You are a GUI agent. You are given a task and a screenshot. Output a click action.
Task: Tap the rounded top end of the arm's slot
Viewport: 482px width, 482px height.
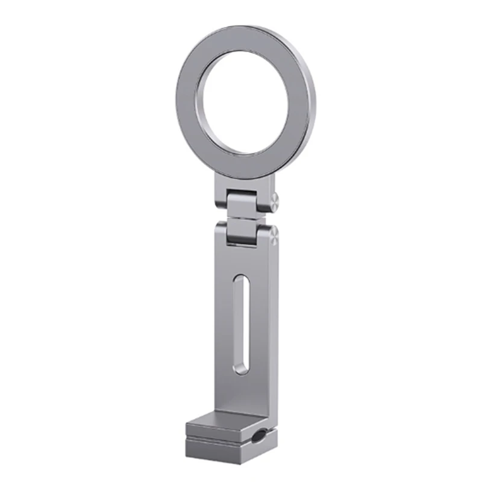[241, 278]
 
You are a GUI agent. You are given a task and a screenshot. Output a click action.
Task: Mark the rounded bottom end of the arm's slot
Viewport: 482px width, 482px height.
[240, 369]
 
